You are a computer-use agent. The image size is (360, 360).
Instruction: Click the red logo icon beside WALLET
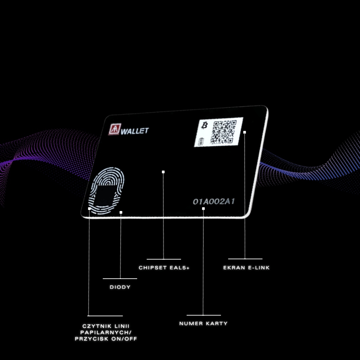114,129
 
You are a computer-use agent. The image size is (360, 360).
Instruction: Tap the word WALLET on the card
135,131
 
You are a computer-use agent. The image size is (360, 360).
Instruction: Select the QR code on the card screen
224,132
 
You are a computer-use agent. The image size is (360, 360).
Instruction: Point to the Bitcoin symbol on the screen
205,125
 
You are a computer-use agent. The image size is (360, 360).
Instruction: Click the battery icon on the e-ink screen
200,142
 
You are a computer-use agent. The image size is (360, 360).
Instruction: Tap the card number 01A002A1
214,202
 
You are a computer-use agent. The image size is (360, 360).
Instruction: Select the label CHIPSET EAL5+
164,268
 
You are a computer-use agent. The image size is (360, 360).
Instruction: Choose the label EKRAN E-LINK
246,268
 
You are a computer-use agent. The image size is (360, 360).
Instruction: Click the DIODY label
120,287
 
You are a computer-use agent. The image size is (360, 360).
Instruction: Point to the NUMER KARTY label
203,323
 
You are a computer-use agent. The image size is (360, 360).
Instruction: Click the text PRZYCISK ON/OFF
106,339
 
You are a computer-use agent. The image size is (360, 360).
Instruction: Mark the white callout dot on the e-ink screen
245,132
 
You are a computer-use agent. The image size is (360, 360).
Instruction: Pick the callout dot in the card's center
163,172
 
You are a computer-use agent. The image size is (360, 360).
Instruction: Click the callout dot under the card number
203,209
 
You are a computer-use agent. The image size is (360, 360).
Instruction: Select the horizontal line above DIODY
120,278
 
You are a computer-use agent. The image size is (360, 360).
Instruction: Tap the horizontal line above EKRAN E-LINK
245,259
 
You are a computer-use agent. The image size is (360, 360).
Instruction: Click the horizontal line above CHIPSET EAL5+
164,259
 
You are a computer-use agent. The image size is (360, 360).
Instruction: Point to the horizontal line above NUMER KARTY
204,315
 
